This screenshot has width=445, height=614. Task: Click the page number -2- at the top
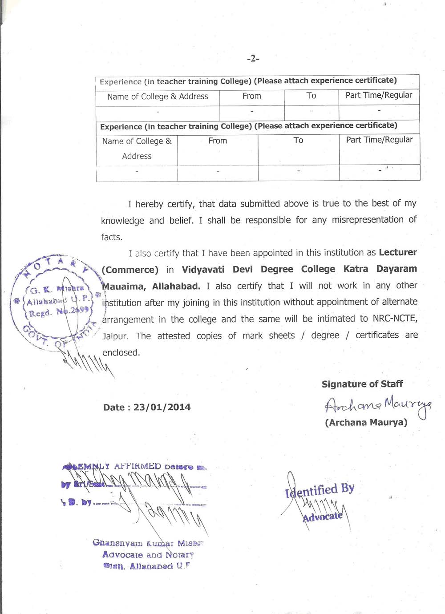click(x=253, y=58)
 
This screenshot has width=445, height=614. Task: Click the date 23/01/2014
click(x=162, y=407)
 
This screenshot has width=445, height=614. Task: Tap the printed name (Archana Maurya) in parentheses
click(x=366, y=422)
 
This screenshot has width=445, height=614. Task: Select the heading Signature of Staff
click(x=362, y=384)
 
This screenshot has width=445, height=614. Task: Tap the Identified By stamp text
click(x=320, y=490)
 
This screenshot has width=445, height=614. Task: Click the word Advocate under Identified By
click(x=323, y=517)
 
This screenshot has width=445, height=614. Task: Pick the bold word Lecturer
click(x=398, y=252)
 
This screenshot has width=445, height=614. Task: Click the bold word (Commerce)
click(x=130, y=270)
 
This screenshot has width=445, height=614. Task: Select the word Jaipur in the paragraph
click(x=115, y=336)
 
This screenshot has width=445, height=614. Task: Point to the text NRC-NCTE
click(x=395, y=319)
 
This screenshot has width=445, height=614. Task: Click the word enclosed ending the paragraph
click(x=121, y=352)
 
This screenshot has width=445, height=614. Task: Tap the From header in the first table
click(x=251, y=96)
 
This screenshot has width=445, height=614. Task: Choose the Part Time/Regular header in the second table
click(x=379, y=140)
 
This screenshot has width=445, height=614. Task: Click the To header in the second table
click(x=298, y=141)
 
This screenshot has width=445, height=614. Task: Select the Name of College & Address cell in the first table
click(x=158, y=97)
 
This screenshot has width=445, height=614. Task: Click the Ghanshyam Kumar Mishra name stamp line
click(x=148, y=543)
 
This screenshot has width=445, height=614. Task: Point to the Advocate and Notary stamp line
click(x=148, y=555)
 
